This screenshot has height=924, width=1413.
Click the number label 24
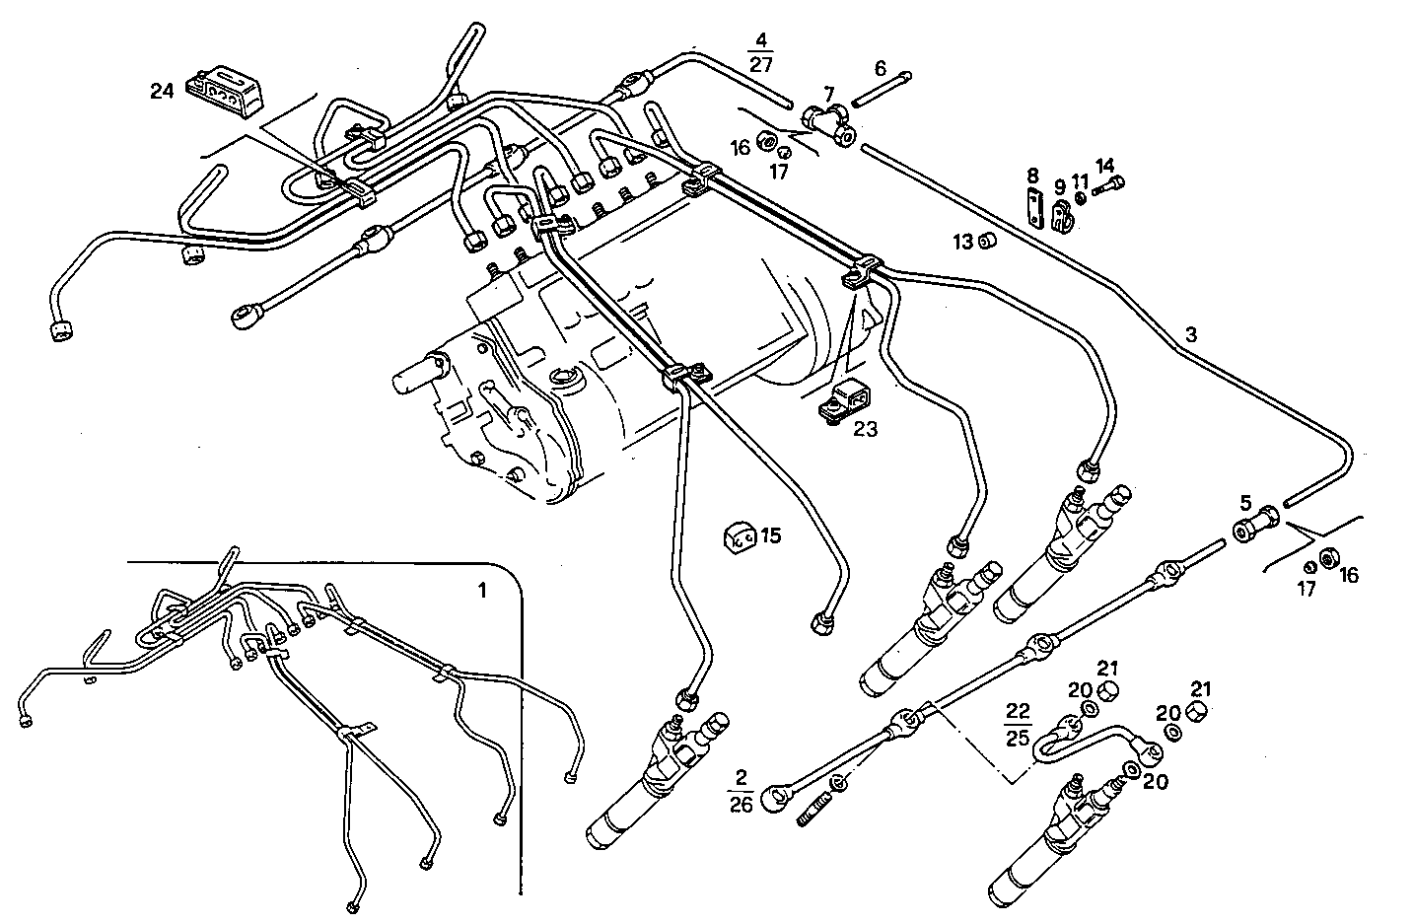click(162, 92)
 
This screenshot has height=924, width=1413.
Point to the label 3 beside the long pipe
click(1191, 335)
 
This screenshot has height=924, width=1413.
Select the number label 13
click(960, 242)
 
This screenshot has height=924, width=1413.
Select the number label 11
click(1080, 181)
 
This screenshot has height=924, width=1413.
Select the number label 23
click(865, 429)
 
